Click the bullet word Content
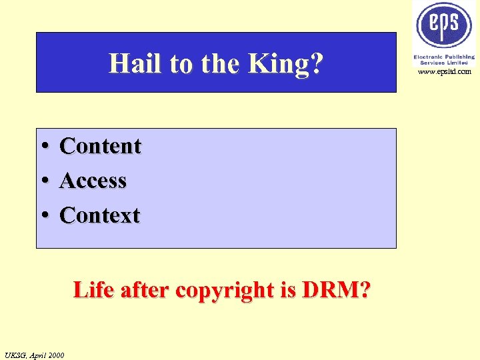(101, 146)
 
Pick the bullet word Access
(93, 181)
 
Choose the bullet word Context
(100, 215)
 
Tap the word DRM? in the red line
(337, 291)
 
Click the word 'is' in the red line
(289, 291)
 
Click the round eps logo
(444, 26)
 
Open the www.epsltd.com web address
(445, 71)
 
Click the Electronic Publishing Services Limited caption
(444, 60)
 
